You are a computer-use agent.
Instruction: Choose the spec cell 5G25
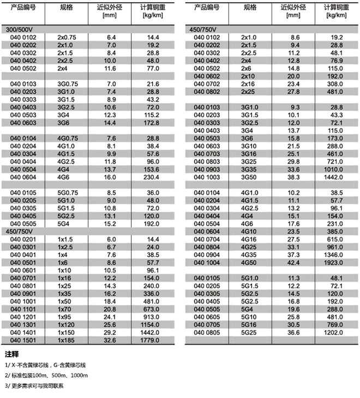coord(250,331)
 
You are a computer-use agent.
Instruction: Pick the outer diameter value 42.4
coord(294,262)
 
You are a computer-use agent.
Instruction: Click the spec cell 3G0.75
coord(68,83)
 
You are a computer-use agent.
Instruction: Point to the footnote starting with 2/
coord(46,376)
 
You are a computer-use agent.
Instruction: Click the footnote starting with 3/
coord(34,386)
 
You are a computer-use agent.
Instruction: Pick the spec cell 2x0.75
coord(67,37)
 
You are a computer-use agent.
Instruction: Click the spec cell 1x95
coord(65,316)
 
